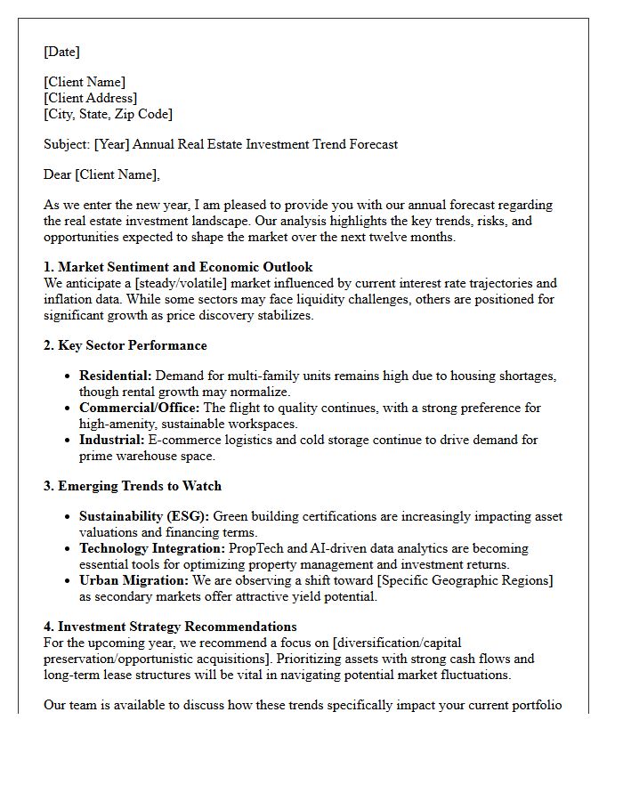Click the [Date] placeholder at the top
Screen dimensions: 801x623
point(61,52)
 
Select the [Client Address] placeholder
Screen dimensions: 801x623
point(90,98)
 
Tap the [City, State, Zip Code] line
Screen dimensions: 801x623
point(108,114)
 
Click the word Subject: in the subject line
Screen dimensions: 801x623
point(67,144)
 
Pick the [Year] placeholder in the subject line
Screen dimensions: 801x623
point(113,144)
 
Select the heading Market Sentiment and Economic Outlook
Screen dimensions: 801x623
point(185,267)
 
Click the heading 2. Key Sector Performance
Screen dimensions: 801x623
point(125,345)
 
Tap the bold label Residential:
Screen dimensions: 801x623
point(115,376)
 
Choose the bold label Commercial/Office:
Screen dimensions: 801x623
point(140,408)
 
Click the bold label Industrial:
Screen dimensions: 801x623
point(111,440)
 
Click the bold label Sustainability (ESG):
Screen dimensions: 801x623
point(144,517)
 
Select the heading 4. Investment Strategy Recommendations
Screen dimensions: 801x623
point(170,627)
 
